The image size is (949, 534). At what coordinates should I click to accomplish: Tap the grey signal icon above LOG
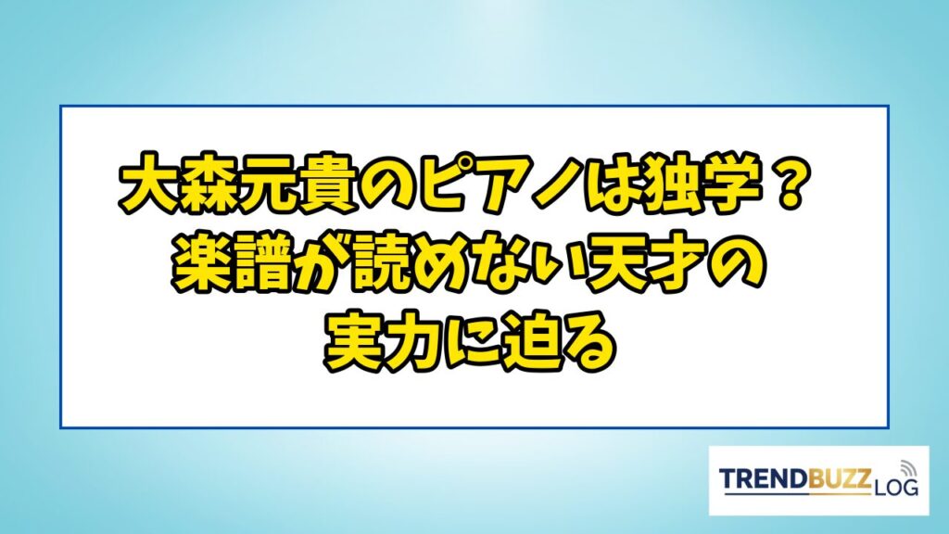pos(906,468)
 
